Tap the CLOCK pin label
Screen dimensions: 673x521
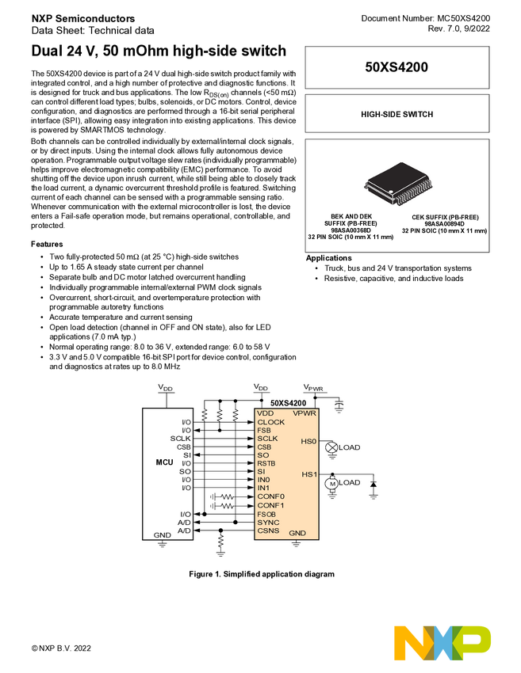pos(270,422)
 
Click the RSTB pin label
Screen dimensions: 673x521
pos(267,463)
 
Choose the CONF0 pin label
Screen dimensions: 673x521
pos(270,496)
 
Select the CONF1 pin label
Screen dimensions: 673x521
pos(270,505)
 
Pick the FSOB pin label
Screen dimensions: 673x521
pos(267,514)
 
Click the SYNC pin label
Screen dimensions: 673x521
pos(268,523)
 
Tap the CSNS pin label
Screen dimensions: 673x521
pos(268,531)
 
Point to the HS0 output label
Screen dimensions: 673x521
pos(308,441)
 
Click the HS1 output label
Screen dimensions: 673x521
pos(308,473)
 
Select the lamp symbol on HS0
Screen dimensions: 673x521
pos(331,447)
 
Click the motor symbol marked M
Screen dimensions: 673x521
pos(333,483)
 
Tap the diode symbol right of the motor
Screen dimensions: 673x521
pos(374,483)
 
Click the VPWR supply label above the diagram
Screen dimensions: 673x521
pos(315,388)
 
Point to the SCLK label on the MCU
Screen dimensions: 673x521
pos(180,439)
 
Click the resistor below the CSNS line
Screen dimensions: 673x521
pos(221,543)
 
